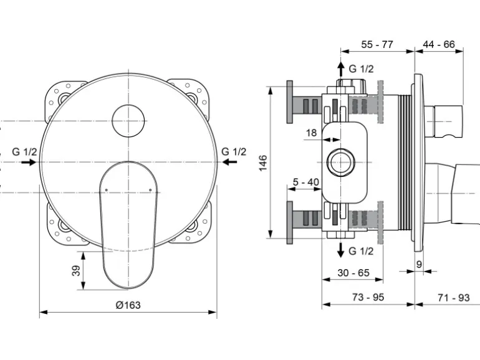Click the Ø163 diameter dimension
coord(128,305)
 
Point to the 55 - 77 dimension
coord(377,45)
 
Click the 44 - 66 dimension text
coord(439,45)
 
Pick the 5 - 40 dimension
coord(305,182)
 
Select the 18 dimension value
coord(311,133)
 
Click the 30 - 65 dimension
coord(353,273)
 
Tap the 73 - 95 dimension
coord(368,298)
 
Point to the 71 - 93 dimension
coord(453,298)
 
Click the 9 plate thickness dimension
coord(419,264)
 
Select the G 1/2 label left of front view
coord(25,151)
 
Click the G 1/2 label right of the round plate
coord(234,151)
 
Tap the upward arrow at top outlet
coord(340,67)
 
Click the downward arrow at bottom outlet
coord(340,250)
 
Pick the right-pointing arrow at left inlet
coord(28,162)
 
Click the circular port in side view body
coord(341,163)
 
